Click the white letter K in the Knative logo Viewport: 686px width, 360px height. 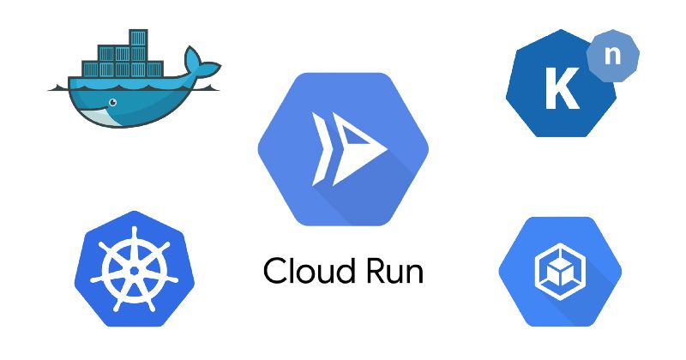562,89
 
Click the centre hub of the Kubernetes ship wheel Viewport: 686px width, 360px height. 135,268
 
